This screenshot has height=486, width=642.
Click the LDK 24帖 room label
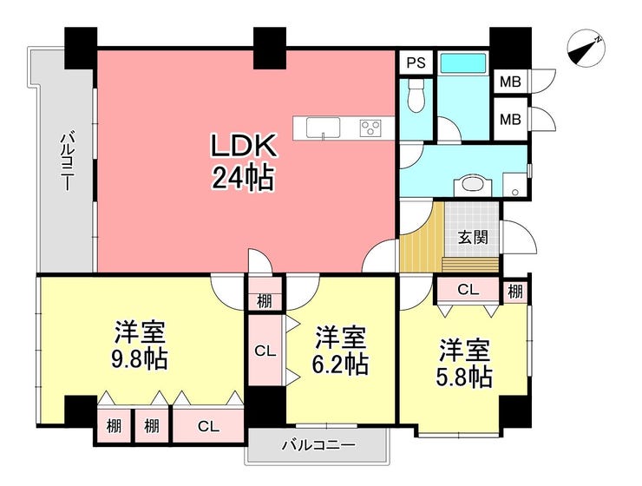pos(243,162)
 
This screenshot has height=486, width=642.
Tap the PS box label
pos(416,62)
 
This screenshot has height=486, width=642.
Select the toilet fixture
pos(416,96)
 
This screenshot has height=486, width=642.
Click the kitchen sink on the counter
pos(323,128)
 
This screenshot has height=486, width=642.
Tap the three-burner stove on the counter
pos(370,128)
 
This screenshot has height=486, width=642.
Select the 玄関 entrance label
pos(473,237)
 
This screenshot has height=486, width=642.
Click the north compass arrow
pos(586,49)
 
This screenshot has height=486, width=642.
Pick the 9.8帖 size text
pos(140,359)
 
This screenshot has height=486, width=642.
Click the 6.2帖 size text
pos(340,364)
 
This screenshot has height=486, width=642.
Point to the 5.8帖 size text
pos(464,377)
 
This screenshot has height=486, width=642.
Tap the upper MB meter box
pos(510,82)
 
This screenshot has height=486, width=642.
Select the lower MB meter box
pos(510,119)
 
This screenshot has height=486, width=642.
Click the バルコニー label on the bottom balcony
pos(318,445)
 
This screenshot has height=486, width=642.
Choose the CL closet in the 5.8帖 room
pos(468,290)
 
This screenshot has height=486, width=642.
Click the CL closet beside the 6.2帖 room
pos(265,350)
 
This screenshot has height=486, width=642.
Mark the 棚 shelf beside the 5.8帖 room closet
pos(515,292)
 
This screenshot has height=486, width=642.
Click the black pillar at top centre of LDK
pos(269,48)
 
